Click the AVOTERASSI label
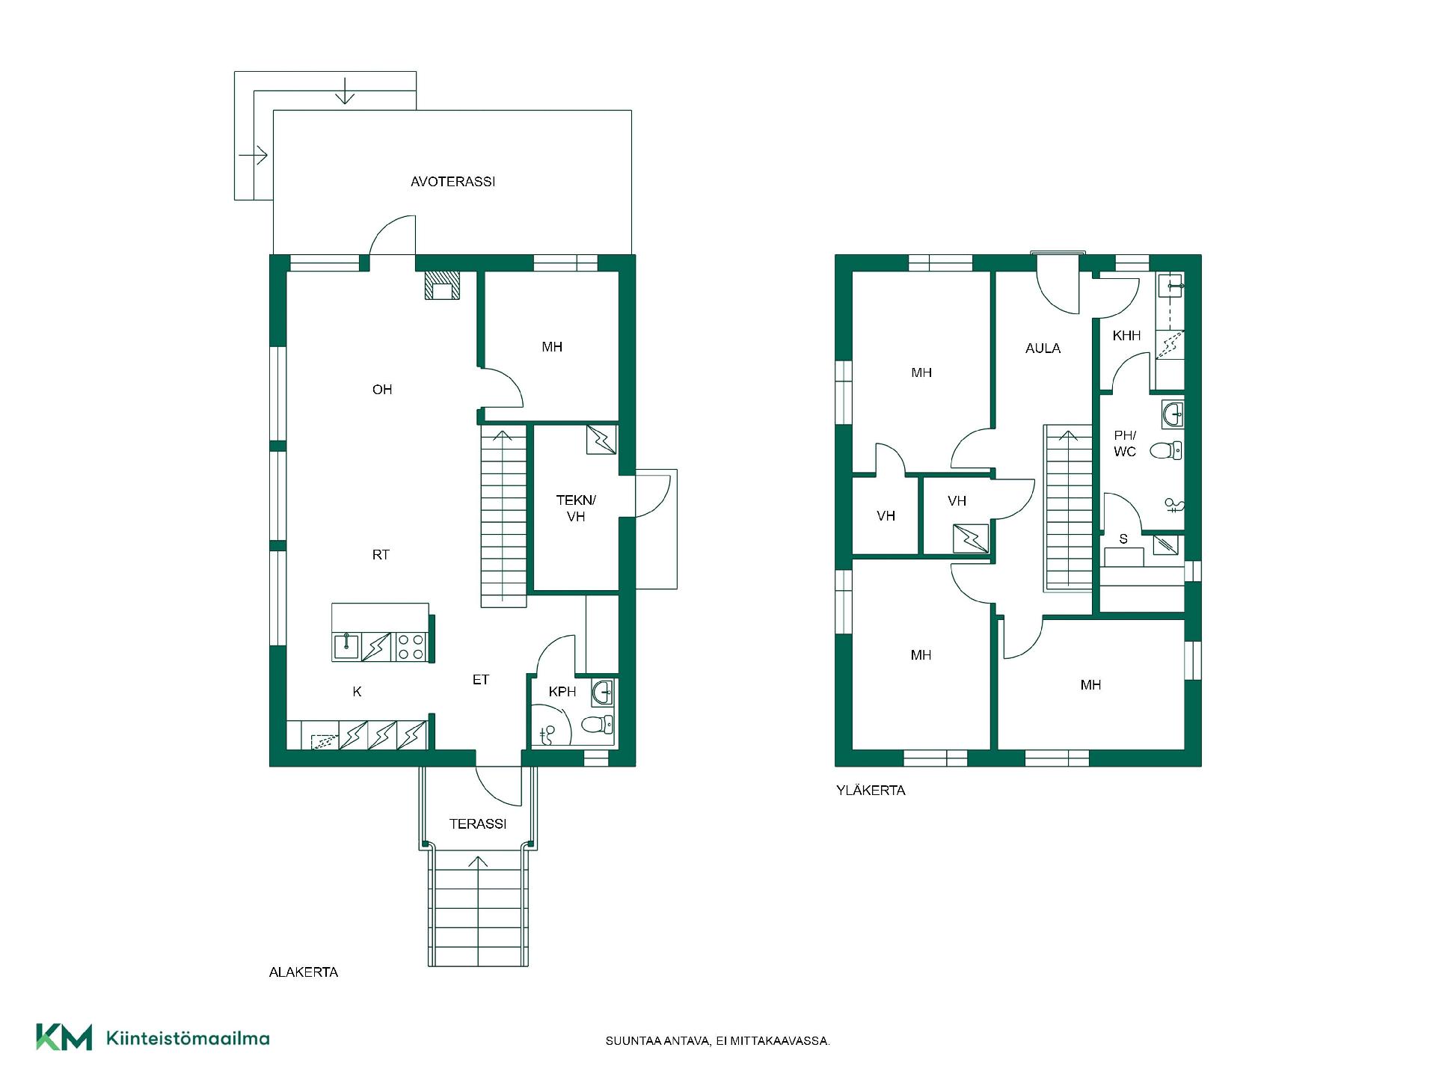[452, 182]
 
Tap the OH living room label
[382, 389]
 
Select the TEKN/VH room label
[576, 508]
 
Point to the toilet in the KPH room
[598, 725]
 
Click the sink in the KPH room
[603, 693]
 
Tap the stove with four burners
[410, 647]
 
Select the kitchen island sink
[346, 646]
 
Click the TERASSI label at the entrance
[478, 823]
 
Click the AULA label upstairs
[1043, 348]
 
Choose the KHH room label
[1126, 336]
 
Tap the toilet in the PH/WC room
[1165, 450]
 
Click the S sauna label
[1123, 538]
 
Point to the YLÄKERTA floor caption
[871, 790]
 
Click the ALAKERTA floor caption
[304, 972]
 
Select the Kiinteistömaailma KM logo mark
[64, 1037]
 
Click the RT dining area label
[381, 554]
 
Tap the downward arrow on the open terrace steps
[344, 90]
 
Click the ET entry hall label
[480, 679]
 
